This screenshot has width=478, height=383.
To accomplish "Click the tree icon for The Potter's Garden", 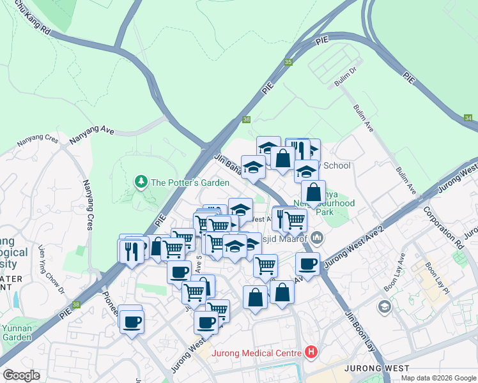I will (x=141, y=183).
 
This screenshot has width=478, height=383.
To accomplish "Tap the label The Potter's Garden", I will (x=189, y=183).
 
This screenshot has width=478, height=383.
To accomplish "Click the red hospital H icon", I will (x=311, y=350).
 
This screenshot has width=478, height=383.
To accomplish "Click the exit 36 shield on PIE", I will (x=247, y=119).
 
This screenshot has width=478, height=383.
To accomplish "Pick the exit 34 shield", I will (x=468, y=119).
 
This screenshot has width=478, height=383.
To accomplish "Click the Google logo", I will (x=21, y=375).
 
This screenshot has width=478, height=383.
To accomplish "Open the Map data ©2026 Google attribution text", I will (x=438, y=378).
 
